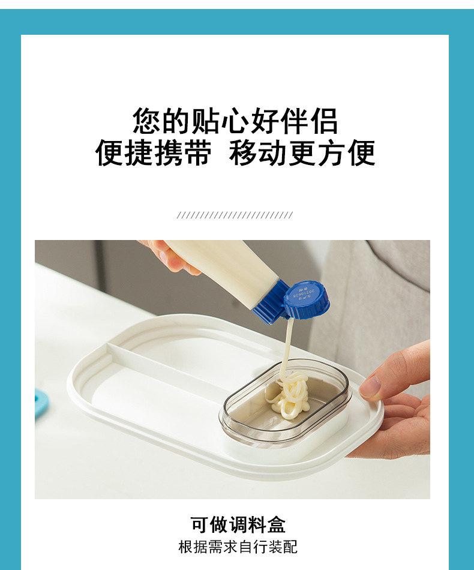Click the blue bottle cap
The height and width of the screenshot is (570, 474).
tap(307, 299)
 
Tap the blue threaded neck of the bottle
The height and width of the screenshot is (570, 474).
tap(271, 302)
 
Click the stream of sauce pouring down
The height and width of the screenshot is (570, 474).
tap(288, 345)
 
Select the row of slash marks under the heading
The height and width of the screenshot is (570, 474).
tap(235, 215)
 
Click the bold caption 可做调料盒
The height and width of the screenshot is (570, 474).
tap(238, 524)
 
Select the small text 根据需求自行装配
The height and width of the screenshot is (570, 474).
tap(238, 547)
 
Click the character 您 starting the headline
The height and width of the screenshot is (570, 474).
tap(147, 121)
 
